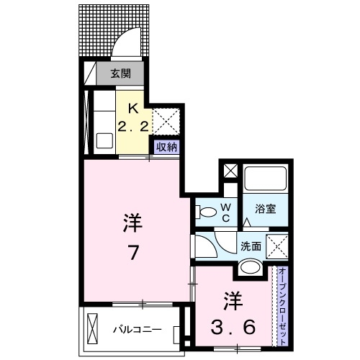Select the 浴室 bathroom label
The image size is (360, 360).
click(266, 210)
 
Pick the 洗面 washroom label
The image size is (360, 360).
click(250, 245)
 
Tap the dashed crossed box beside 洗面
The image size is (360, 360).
click(277, 245)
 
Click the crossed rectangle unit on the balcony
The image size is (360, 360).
click(94, 330)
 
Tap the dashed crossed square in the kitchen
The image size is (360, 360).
click(165, 117)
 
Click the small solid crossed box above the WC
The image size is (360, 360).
click(230, 172)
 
